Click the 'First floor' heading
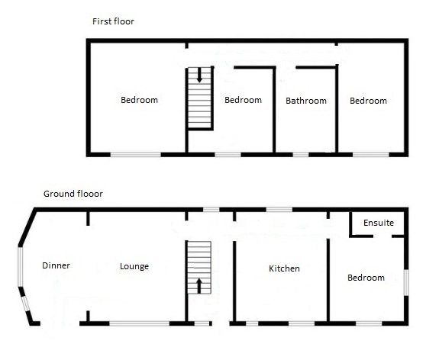click(113, 21)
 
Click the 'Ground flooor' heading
click(73, 194)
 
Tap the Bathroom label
click(305, 101)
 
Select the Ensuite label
click(379, 223)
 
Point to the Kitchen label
click(284, 268)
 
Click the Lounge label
click(134, 266)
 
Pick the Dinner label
click(56, 265)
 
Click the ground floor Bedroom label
click(366, 278)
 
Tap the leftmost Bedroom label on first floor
click(139, 100)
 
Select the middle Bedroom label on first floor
click(243, 100)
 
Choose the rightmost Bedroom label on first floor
click(368, 101)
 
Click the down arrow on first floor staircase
click(200, 76)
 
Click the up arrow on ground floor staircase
click(200, 286)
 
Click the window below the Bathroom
click(301, 155)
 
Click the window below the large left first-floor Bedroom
click(135, 155)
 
